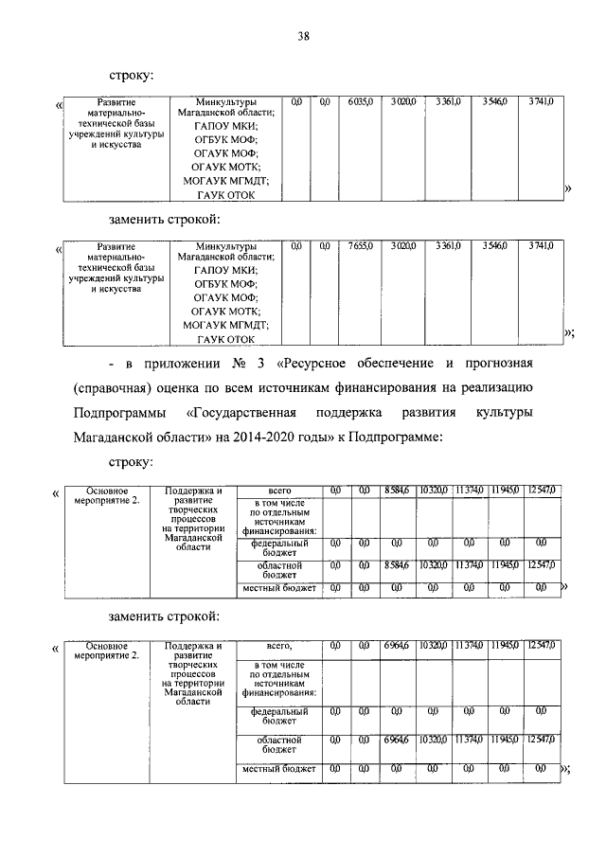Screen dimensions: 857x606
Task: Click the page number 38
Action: point(303,37)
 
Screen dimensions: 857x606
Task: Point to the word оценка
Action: point(186,388)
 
